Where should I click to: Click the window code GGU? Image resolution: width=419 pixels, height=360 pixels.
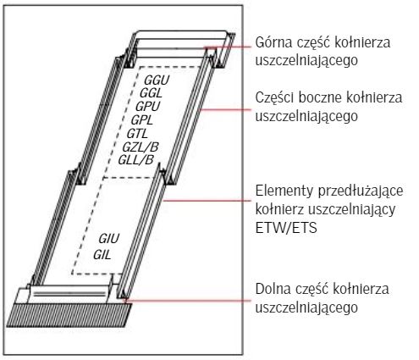coord(157,80)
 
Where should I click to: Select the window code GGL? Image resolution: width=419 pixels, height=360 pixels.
coord(151,93)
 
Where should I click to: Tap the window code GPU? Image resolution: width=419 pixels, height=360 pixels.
coord(147,107)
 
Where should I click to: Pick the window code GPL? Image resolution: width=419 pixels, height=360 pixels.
coord(142,120)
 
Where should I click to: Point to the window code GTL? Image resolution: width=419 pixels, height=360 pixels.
coord(137,133)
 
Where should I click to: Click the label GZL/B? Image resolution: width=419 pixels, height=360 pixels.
coord(141,147)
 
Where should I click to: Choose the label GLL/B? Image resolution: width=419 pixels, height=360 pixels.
coord(135,160)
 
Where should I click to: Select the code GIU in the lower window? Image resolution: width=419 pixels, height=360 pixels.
coord(109,239)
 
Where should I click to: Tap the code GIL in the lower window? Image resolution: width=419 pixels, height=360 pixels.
coord(102,255)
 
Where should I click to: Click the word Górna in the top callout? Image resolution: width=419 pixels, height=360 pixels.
coord(273,42)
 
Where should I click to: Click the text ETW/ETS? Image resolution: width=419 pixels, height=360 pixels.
coord(286,228)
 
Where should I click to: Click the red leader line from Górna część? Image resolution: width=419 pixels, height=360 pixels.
coord(228,47)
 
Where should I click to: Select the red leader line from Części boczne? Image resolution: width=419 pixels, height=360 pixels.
coord(225,109)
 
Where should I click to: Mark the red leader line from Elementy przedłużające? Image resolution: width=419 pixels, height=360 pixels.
coord(207,201)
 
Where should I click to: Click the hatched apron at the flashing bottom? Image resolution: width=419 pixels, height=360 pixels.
coord(69,315)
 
